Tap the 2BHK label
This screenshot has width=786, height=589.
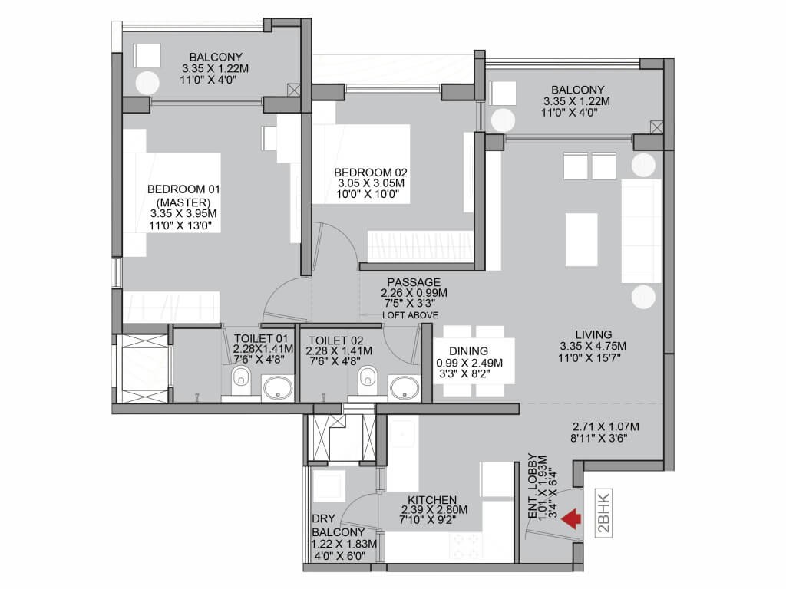(x=604, y=513)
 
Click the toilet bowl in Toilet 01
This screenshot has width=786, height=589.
(x=242, y=379)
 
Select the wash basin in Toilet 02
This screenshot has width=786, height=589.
(x=405, y=388)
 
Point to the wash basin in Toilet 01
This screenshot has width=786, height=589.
(x=278, y=388)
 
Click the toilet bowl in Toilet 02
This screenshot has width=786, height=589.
(x=368, y=379)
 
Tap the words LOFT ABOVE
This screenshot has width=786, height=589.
(x=410, y=315)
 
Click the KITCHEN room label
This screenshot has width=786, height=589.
(x=432, y=500)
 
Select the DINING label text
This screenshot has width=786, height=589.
(x=469, y=351)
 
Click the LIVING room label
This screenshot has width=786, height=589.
(x=593, y=334)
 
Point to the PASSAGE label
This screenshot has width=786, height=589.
(x=414, y=282)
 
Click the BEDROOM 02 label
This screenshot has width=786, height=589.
(x=371, y=173)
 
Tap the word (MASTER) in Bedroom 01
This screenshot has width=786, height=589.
(x=183, y=202)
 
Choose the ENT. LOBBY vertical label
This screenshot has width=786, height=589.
(x=533, y=485)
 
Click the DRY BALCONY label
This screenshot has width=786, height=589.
(x=338, y=525)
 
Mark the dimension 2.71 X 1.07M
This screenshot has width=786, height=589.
(x=606, y=426)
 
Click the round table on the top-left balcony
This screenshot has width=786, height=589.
(x=147, y=83)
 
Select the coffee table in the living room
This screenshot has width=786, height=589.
(x=582, y=239)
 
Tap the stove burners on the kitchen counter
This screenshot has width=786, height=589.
(x=465, y=546)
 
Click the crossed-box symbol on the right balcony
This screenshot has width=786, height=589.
(x=656, y=127)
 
